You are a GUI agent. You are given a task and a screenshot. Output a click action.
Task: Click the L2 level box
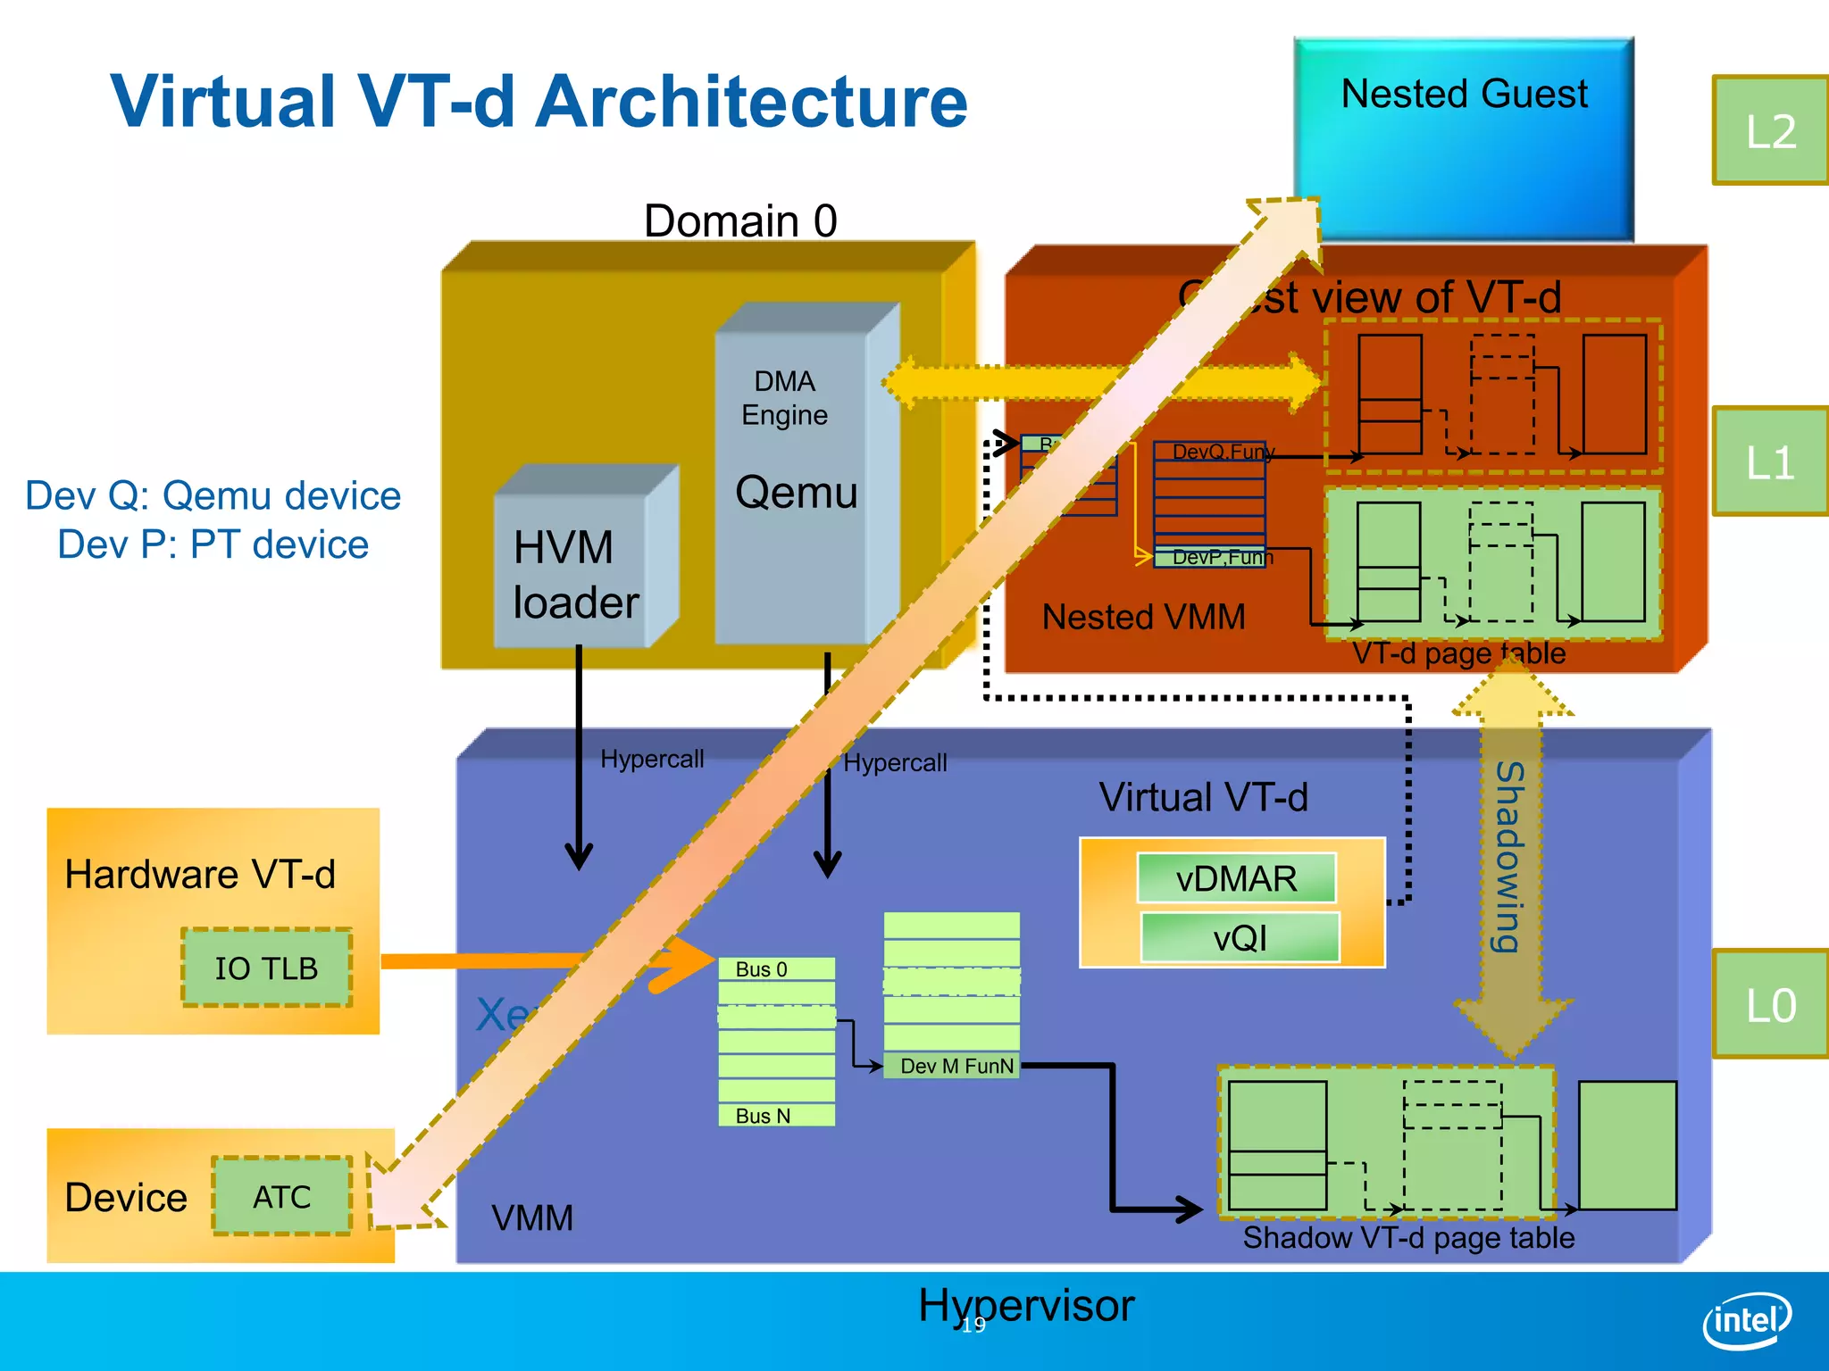pos(1770,131)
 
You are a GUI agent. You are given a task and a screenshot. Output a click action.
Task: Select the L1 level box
pos(1770,462)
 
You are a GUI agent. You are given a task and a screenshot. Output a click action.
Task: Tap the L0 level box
pos(1770,1005)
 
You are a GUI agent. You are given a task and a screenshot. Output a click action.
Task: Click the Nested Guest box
pos(1465,134)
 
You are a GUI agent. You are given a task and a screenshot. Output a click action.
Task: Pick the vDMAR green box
pos(1236,878)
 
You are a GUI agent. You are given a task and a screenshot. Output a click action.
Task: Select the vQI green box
pos(1240,937)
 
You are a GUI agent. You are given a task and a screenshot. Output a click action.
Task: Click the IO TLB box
pos(266,968)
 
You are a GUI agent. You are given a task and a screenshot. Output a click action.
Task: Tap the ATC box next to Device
pos(282,1197)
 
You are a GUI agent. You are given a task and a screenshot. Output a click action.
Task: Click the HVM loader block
pos(576,571)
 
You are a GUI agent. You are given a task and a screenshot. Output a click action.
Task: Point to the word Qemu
pos(796,493)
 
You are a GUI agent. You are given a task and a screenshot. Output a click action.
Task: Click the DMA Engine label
pos(785,398)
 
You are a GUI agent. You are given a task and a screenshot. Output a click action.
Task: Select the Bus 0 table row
pos(775,969)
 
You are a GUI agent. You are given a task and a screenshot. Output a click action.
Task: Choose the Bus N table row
pos(775,1116)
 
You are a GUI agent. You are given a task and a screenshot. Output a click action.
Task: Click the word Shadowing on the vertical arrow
pos(1509,857)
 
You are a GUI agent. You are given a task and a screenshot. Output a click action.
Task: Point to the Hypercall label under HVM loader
pos(652,759)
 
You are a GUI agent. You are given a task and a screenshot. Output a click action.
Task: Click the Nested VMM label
pos(1143,617)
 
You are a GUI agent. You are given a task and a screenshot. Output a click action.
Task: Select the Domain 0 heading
pos(740,220)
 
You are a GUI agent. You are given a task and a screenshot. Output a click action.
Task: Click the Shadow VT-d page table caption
pos(1408,1238)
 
